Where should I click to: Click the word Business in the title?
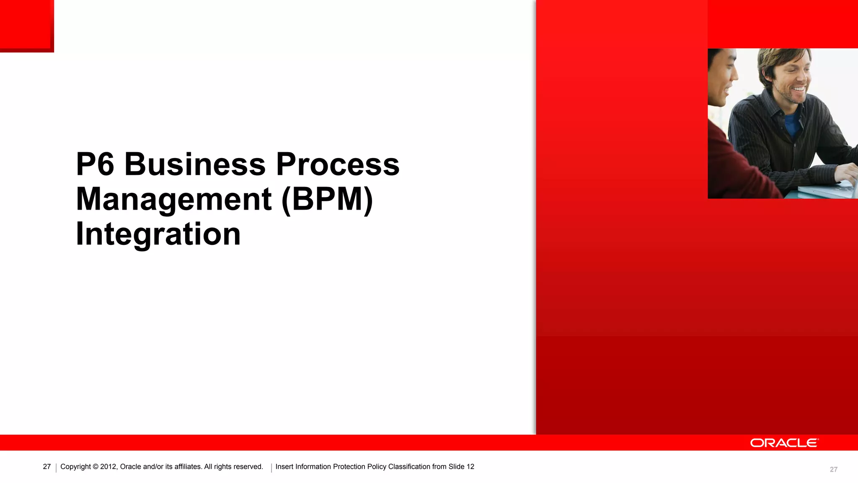click(x=195, y=164)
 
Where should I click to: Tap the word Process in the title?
click(x=338, y=164)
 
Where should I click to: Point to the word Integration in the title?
click(x=158, y=234)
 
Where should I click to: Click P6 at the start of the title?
click(x=95, y=164)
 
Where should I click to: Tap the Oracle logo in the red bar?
click(x=784, y=443)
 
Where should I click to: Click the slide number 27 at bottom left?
click(x=47, y=467)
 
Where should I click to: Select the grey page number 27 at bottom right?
click(x=834, y=470)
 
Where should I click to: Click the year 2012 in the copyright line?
click(x=108, y=467)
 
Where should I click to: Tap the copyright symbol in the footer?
click(x=96, y=467)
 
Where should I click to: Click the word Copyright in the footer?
click(x=75, y=467)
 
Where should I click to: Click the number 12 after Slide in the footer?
click(x=470, y=467)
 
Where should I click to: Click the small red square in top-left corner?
click(x=26, y=25)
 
